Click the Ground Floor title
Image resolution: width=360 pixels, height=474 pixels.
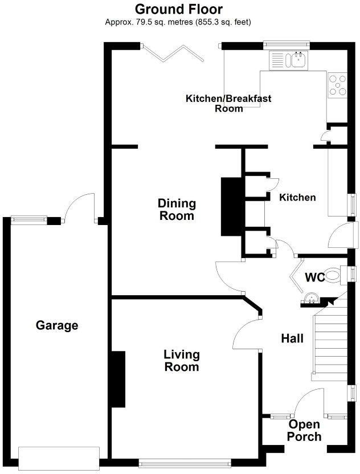[178, 9]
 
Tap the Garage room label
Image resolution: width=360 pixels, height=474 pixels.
[57, 326]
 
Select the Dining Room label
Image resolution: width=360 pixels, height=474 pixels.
[177, 210]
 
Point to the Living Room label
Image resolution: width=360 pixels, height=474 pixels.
[182, 361]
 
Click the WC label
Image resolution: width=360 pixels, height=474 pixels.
[314, 277]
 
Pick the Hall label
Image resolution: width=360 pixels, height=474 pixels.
[292, 338]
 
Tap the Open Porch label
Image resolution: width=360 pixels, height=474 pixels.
[304, 431]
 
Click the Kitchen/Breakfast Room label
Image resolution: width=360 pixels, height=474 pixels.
[228, 103]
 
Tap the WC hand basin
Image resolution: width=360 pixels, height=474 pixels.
[311, 298]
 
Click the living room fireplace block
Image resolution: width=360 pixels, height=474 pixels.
[118, 379]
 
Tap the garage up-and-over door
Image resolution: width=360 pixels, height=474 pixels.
[59, 458]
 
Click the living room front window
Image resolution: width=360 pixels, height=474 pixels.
[185, 463]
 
